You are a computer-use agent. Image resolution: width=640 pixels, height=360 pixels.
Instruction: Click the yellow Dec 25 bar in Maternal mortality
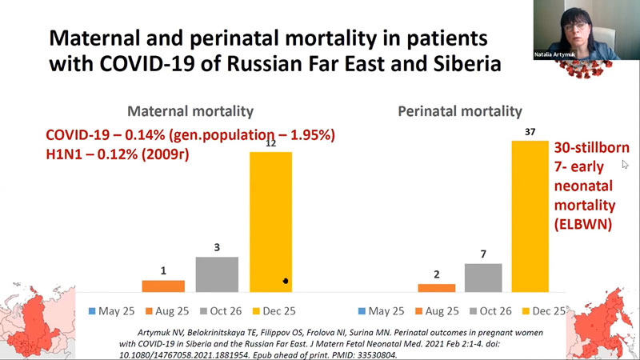point(270,222)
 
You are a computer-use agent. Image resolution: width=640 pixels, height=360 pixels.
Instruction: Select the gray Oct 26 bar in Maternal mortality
point(217,274)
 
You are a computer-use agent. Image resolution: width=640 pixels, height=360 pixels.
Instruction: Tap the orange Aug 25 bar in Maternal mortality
point(163,286)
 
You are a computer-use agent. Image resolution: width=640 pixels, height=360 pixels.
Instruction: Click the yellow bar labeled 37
point(530,216)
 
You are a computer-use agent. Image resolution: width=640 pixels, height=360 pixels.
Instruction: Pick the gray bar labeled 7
point(483,278)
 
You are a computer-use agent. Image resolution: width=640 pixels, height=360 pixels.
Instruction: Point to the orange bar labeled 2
point(436,288)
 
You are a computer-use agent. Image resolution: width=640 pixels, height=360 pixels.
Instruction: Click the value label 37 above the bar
point(530,132)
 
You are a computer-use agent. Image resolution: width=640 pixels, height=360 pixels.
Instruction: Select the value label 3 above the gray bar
point(217,247)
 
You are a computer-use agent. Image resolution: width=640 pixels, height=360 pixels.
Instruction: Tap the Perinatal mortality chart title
point(460,111)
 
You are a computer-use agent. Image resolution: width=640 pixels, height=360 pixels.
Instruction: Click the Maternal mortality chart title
point(190,111)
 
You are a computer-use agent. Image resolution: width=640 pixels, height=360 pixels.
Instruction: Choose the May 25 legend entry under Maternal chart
point(111,311)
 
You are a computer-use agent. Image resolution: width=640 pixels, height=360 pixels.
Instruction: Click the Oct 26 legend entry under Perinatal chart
point(491,311)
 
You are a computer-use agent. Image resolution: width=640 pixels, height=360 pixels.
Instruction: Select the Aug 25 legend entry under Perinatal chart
point(437,311)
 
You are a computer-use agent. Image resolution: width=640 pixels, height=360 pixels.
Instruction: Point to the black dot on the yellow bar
point(286,281)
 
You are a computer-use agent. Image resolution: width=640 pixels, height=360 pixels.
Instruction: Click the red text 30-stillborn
point(591,148)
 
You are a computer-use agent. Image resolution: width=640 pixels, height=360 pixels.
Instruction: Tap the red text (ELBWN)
point(583,225)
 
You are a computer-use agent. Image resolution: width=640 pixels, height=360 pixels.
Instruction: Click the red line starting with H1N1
point(118,154)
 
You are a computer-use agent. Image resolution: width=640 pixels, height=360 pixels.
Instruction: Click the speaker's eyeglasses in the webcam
point(576,26)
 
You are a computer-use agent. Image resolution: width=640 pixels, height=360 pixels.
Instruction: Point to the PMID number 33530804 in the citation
point(377,355)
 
